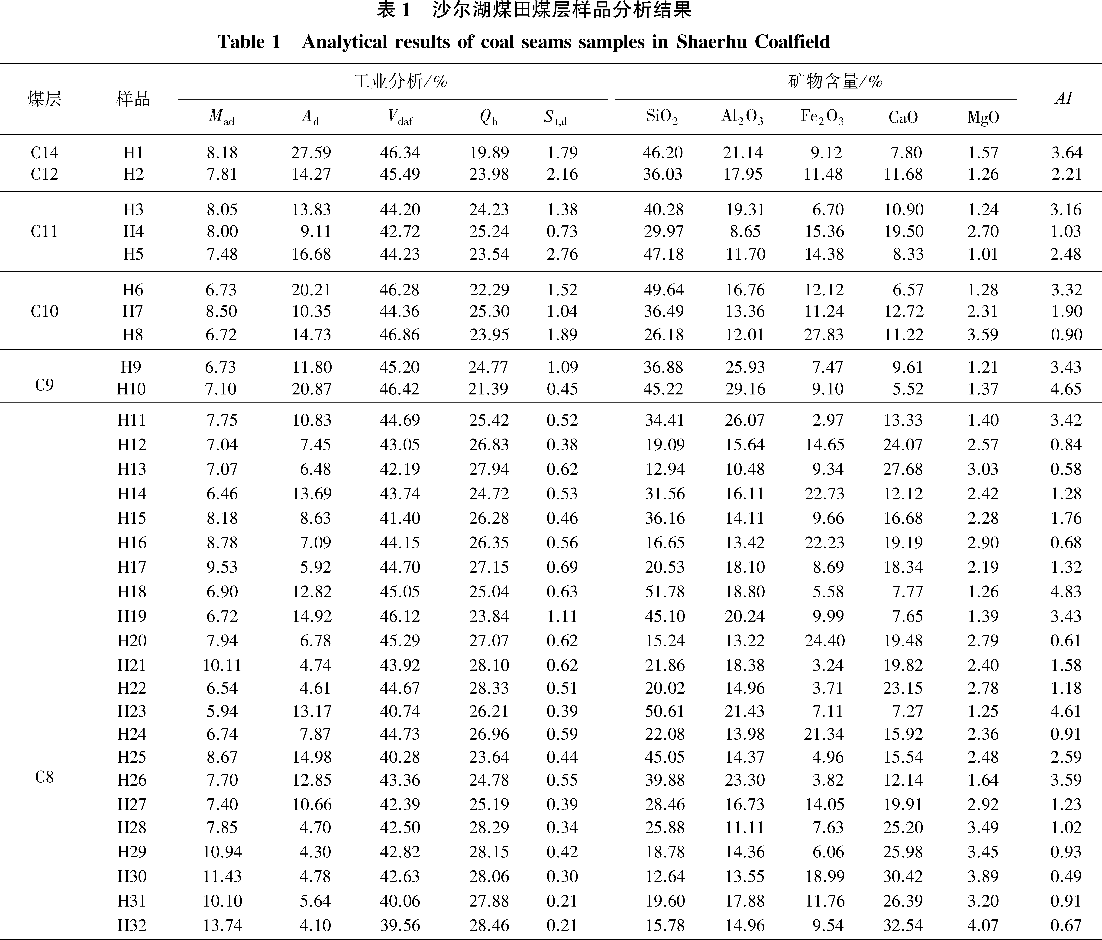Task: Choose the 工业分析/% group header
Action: (x=400, y=81)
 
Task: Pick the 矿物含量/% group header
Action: (x=835, y=81)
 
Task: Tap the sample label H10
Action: (x=131, y=389)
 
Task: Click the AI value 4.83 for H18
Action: (x=1066, y=592)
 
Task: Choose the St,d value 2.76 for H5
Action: (x=562, y=254)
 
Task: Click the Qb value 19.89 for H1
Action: (x=489, y=153)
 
